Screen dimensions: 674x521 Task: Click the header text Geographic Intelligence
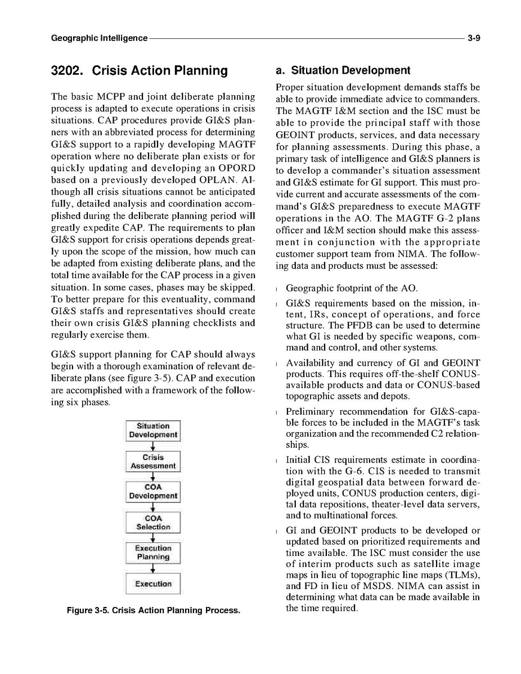pos(99,38)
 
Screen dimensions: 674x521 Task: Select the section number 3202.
pos(68,71)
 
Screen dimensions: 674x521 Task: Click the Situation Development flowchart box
pos(153,430)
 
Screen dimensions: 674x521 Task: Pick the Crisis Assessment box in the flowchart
pos(153,461)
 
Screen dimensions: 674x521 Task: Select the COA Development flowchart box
pos(153,492)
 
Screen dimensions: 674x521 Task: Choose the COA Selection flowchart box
pos(153,523)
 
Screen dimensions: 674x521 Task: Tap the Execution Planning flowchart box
pos(153,552)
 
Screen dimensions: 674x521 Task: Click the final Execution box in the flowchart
pos(153,584)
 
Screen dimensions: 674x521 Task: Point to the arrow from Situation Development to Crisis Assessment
pos(153,446)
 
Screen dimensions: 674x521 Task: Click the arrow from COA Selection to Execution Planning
pos(153,537)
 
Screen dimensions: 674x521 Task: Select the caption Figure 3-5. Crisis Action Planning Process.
pos(153,610)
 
